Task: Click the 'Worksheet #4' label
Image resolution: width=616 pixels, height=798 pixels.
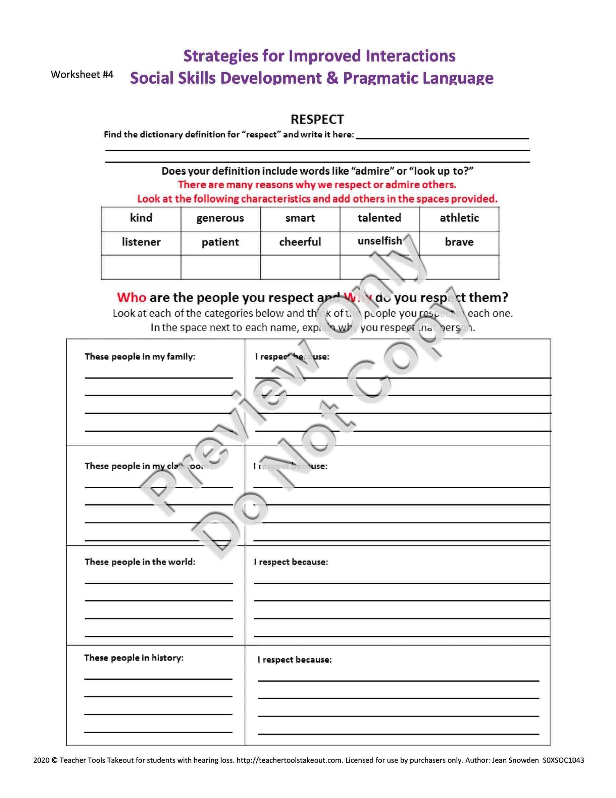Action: (82, 75)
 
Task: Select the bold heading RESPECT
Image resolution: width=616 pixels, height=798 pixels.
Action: (317, 120)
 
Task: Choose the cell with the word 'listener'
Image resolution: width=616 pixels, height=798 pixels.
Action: (141, 242)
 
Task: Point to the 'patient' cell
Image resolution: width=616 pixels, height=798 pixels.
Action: (220, 242)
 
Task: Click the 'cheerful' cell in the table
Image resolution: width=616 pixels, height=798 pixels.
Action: (300, 242)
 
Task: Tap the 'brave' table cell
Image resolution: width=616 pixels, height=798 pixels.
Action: (459, 242)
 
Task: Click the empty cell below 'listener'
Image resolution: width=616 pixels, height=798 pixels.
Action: (141, 267)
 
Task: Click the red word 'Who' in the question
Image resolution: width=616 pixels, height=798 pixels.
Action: (132, 298)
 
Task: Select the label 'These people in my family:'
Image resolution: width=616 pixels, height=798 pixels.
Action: (140, 357)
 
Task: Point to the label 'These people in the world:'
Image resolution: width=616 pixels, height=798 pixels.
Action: (140, 562)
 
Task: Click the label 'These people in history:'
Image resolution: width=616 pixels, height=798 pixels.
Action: (134, 658)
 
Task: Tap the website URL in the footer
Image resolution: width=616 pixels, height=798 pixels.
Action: (290, 760)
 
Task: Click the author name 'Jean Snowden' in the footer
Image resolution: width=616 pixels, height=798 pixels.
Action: (515, 760)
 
